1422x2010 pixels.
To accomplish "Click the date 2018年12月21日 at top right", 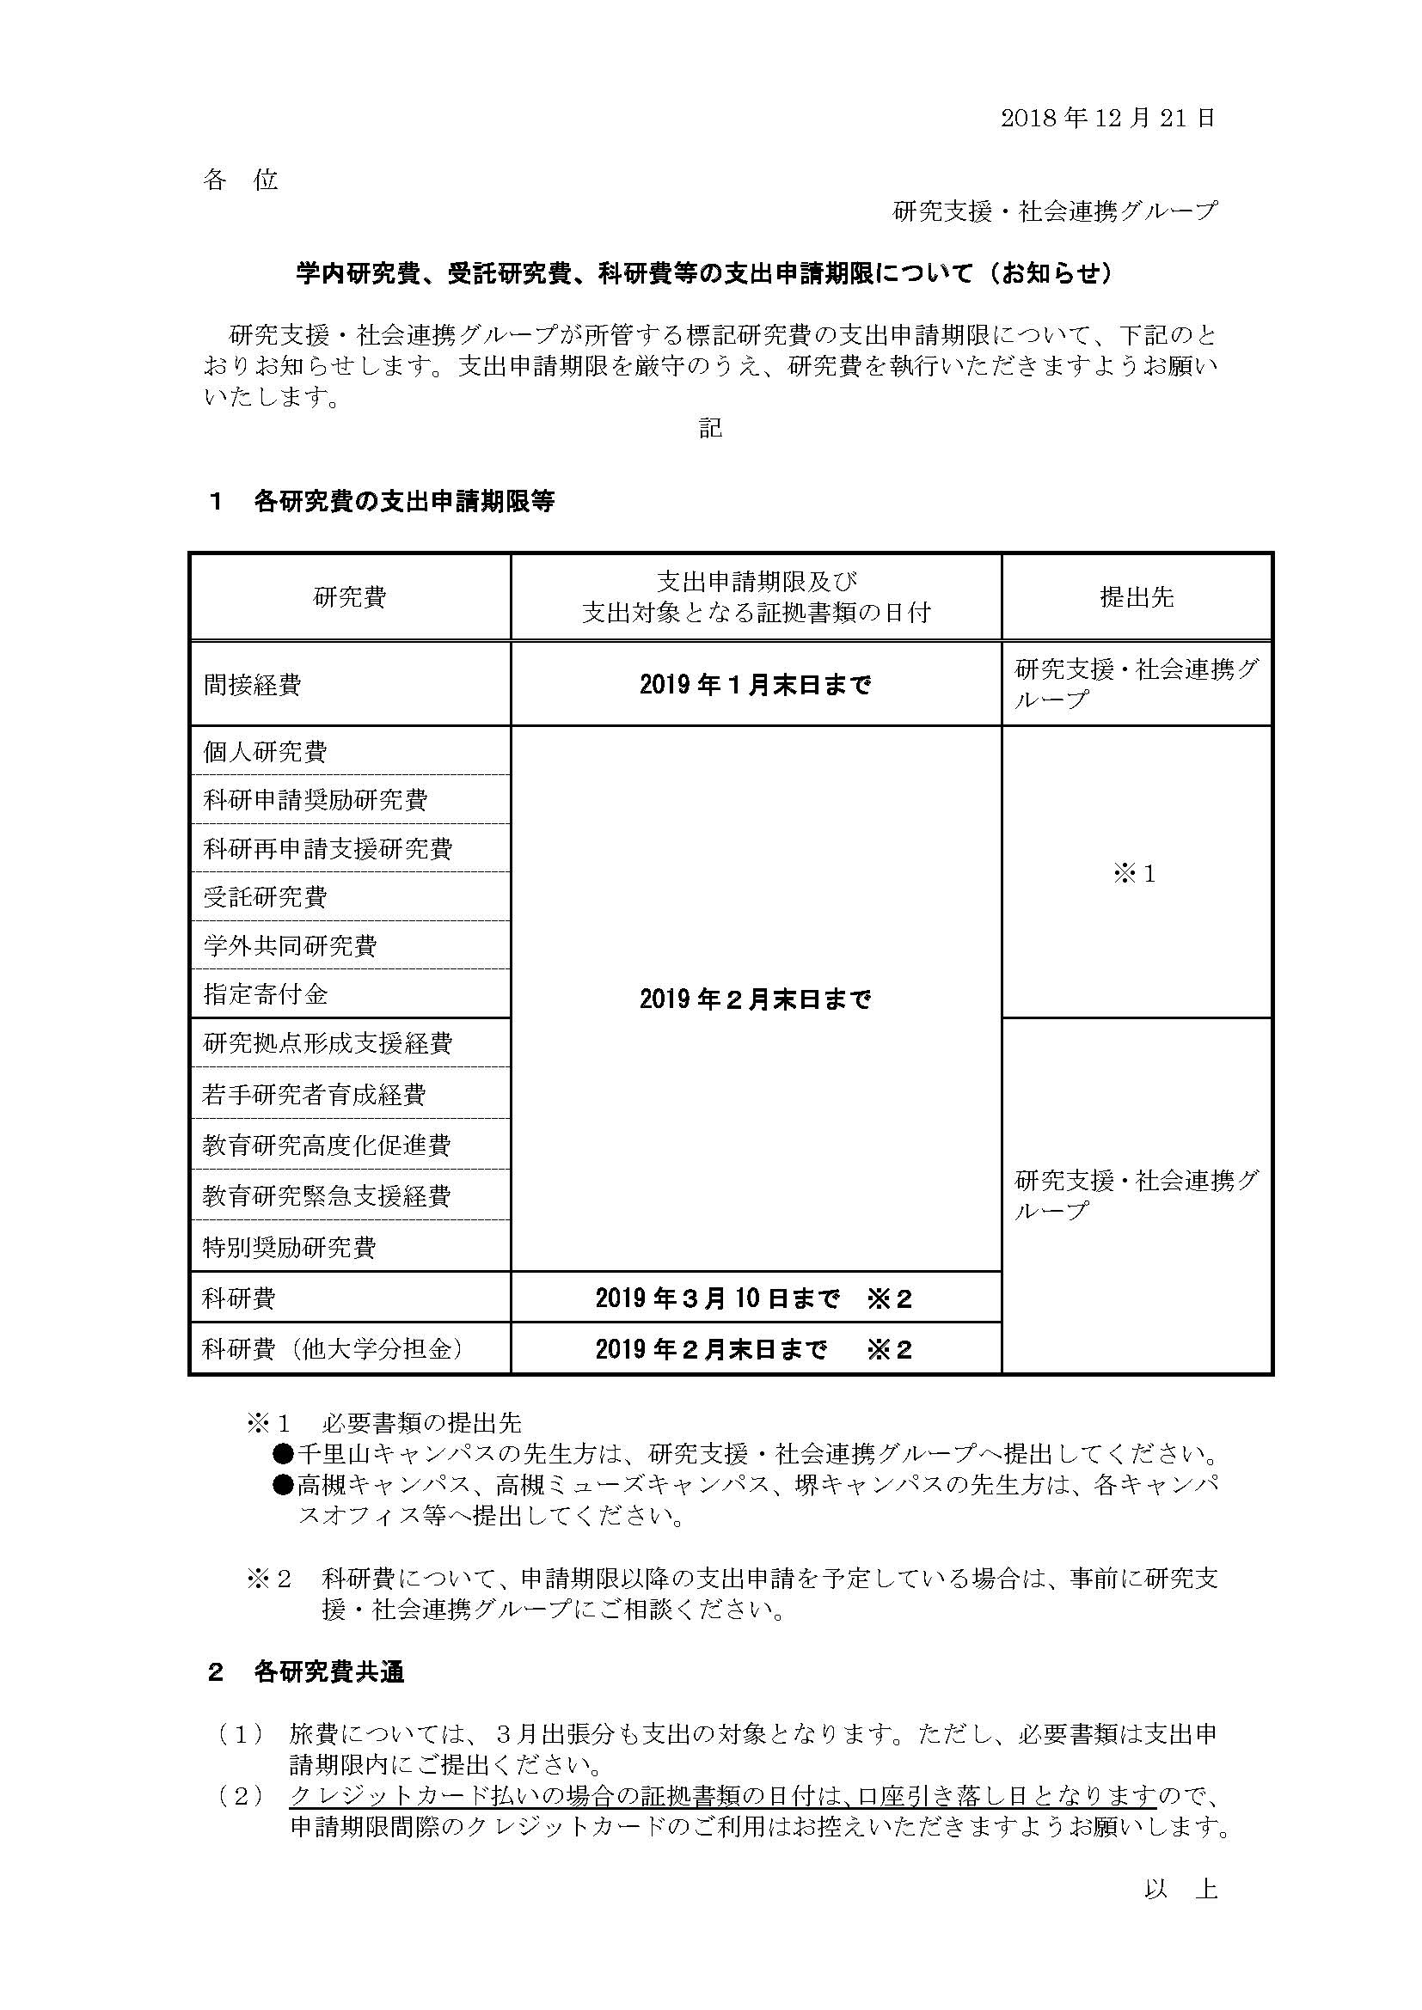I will point(1107,119).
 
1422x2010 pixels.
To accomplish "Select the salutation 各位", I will point(241,180).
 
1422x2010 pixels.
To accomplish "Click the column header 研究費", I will point(349,598).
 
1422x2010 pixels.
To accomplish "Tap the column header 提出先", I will point(1136,598).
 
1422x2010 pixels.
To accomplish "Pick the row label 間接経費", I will point(252,685).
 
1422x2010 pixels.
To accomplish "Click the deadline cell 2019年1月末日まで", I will point(755,685).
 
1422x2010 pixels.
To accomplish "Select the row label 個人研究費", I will point(266,752).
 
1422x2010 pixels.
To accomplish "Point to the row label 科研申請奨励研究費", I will point(316,800).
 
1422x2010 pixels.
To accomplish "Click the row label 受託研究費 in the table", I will point(266,897).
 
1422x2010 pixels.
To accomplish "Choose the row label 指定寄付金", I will point(266,994).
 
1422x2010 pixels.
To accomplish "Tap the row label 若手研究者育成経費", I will point(315,1094).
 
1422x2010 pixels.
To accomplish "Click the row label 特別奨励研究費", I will point(289,1247).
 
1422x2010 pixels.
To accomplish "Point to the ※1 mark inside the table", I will point(1135,875).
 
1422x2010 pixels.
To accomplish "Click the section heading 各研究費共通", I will point(329,1673).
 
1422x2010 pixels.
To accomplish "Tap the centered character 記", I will point(710,428).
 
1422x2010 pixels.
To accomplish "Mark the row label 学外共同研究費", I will point(290,946).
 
